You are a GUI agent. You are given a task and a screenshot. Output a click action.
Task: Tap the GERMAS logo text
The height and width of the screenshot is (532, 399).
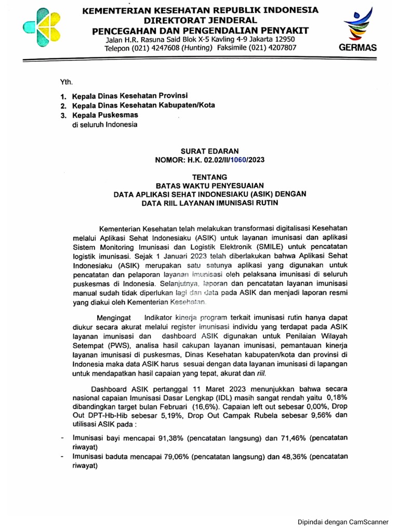coord(358,47)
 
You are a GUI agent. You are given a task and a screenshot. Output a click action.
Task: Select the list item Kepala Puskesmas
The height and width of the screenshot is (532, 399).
coord(99,115)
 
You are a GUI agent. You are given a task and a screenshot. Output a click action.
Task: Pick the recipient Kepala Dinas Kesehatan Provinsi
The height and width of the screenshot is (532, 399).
coord(129,96)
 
